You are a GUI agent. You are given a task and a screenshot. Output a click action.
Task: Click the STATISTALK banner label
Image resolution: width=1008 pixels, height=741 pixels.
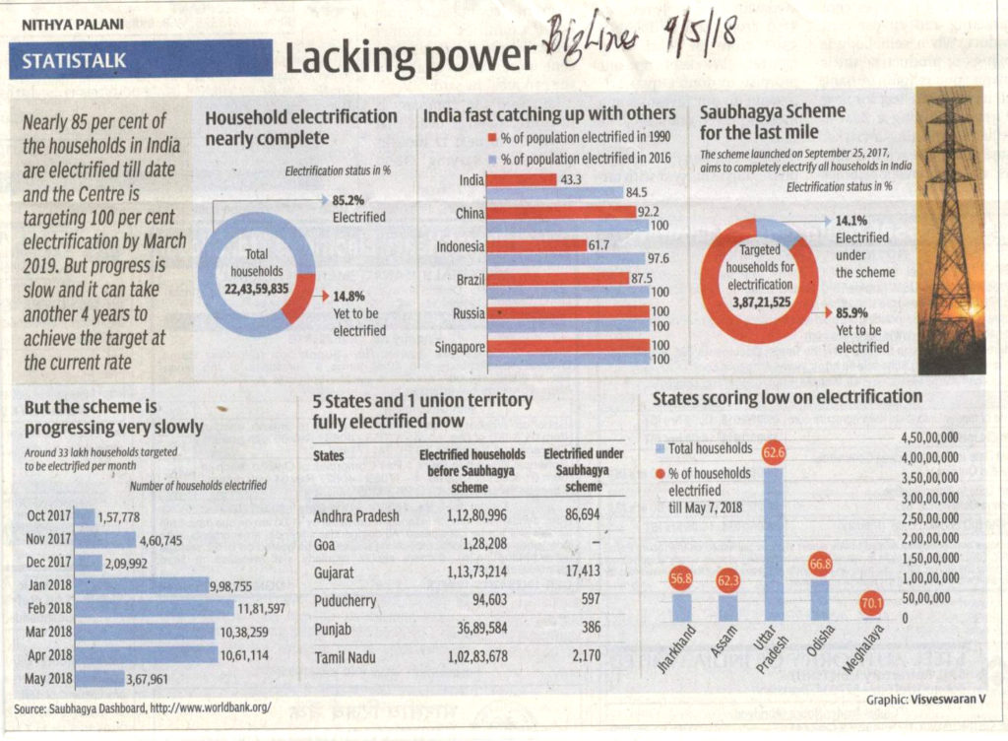[75, 60]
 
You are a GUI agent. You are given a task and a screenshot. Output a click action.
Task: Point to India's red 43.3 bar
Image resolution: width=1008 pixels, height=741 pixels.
[522, 179]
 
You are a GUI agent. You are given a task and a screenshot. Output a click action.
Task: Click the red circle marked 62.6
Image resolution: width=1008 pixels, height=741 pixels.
[774, 453]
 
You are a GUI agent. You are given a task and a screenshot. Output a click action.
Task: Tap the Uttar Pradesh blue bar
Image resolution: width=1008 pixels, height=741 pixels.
[774, 542]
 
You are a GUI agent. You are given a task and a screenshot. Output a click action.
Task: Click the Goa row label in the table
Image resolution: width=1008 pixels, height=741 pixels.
[324, 544]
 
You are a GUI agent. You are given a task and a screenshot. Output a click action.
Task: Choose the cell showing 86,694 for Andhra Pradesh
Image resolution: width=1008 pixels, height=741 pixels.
[579, 515]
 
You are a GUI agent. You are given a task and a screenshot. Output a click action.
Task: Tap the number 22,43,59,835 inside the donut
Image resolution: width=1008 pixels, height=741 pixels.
[256, 288]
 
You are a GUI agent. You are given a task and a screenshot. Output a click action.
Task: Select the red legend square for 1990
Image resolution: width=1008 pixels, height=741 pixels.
[492, 137]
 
